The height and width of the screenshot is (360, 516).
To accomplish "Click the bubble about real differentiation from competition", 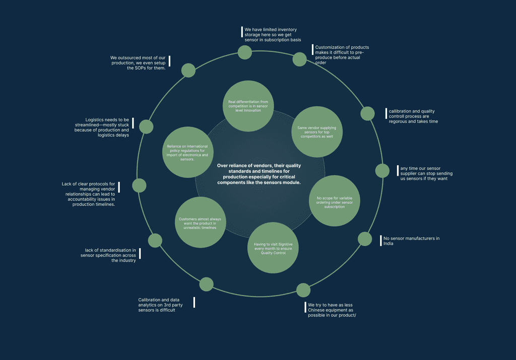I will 248,106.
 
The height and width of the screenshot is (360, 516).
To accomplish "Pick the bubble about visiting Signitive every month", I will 273,248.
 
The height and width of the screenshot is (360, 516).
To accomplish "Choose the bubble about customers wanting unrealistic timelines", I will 201,223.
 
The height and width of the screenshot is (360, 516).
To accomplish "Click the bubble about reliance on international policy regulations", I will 187,153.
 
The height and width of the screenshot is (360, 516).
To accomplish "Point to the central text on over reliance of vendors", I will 259,174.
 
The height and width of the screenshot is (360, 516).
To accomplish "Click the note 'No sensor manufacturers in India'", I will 411,241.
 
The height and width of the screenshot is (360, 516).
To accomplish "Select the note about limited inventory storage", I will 273,34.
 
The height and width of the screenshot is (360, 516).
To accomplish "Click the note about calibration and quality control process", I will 413,116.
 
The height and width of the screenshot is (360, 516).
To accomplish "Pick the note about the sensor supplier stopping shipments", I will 426,173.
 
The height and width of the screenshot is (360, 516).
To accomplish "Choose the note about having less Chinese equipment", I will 332,310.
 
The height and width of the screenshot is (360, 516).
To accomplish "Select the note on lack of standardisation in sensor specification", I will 110,255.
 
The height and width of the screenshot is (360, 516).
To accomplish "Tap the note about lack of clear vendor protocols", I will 89,194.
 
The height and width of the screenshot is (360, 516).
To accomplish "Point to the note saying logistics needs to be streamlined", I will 107,127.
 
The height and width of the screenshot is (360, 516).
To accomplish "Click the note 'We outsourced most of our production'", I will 138,62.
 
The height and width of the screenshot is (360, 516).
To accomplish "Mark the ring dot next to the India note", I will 365,239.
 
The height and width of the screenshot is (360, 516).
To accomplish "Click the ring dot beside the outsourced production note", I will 188,70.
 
